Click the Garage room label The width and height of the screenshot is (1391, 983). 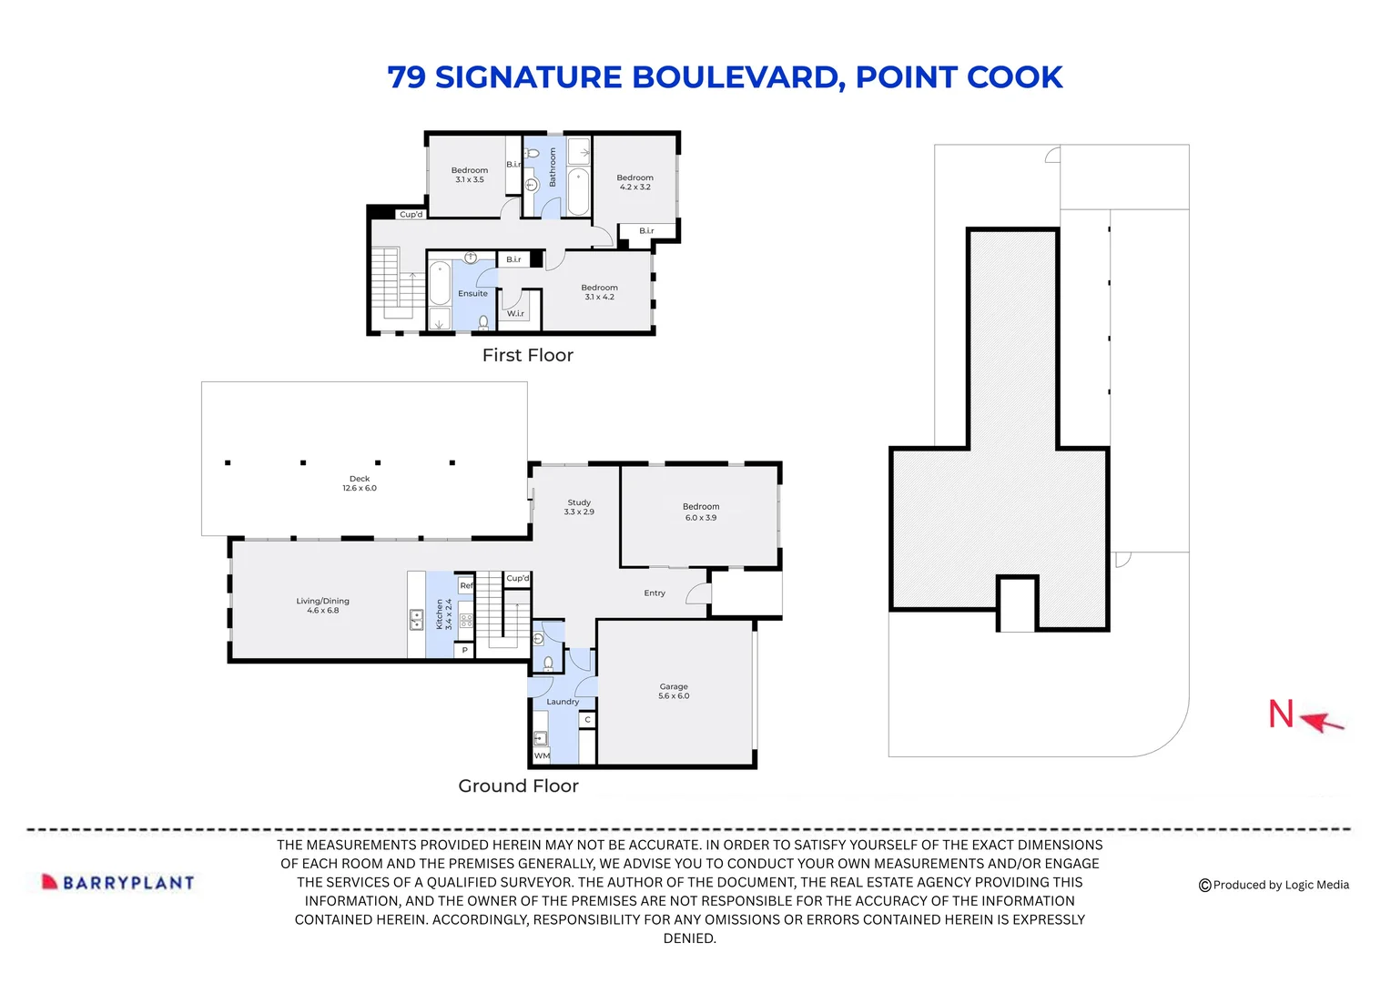[674, 692]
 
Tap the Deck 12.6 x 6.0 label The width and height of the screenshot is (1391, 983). [360, 483]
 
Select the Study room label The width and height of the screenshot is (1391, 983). [579, 507]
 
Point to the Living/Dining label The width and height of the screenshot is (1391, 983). [322, 605]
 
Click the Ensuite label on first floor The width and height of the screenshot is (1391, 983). [472, 293]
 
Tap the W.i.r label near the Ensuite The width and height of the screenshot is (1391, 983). [515, 313]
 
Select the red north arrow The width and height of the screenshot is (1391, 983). [1323, 722]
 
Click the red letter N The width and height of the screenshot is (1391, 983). [1281, 714]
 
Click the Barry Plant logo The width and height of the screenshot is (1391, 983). [118, 882]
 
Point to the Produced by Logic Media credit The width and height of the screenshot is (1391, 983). [1274, 885]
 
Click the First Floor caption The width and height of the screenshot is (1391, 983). [527, 355]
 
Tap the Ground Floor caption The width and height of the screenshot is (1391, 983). [518, 785]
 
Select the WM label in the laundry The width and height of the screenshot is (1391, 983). [542, 755]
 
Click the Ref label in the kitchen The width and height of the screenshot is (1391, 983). [466, 585]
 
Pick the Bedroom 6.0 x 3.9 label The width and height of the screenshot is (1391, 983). [701, 512]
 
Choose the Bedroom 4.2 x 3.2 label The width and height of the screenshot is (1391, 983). [635, 182]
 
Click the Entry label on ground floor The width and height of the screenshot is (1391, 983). [655, 593]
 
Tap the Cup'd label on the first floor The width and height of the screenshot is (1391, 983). [411, 215]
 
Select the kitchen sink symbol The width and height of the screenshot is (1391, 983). [416, 620]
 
